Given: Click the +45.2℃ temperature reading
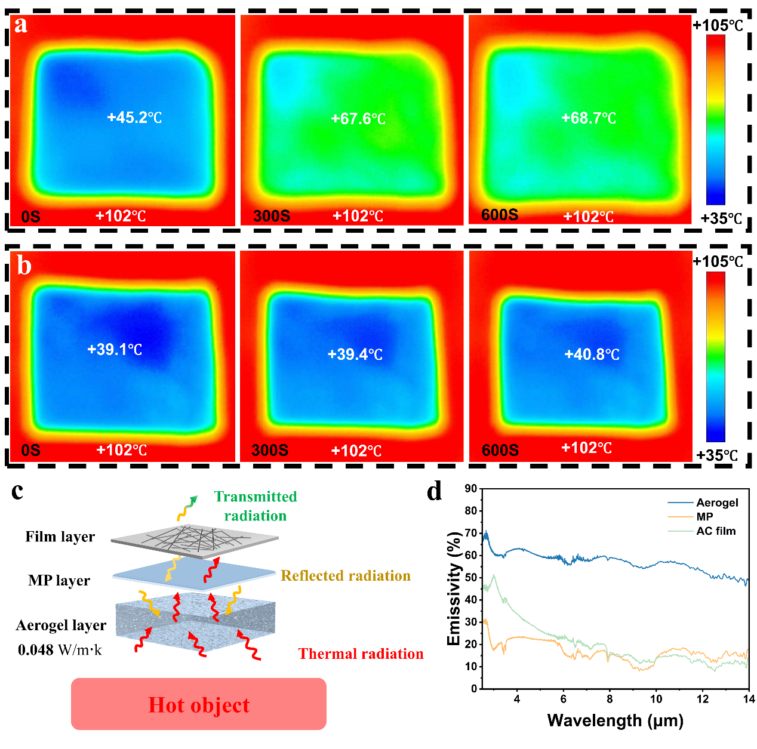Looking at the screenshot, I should pos(134,118).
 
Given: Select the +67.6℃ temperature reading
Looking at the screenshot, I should pos(358,119).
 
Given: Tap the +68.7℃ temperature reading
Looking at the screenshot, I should pos(589,118).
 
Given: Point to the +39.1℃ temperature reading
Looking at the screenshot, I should pos(115,349).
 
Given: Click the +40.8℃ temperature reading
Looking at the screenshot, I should pos(592,355).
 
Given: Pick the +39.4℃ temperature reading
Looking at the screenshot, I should pos(355,355).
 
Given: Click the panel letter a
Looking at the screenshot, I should pos(21,26).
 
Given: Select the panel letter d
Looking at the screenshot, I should pos(435,492).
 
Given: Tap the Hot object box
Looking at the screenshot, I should pos(199,704).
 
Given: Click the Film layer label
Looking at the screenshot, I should pos(60,537).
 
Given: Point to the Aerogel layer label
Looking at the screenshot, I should pos(61,625).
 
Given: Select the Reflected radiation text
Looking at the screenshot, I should pos(346,575).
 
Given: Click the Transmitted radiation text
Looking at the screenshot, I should pos(256,506).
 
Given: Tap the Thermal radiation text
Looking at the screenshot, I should pos(361,654).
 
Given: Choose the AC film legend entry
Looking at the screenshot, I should pos(716,531).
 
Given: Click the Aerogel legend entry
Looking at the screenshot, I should pos(717,503).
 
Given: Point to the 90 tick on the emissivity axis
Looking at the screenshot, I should pos(470,489).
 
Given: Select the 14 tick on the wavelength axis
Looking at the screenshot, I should pos(748,699).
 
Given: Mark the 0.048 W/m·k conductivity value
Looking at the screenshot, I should pos(60,649).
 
